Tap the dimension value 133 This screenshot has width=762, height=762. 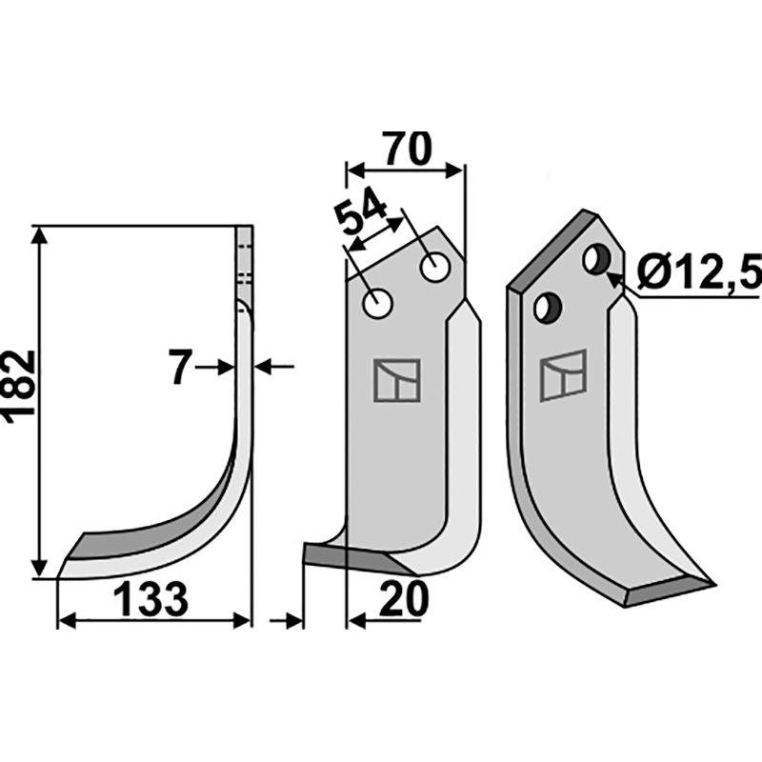click(x=150, y=601)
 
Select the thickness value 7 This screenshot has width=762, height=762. click(x=180, y=368)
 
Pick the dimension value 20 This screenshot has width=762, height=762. click(x=404, y=599)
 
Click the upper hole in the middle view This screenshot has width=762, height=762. click(x=435, y=267)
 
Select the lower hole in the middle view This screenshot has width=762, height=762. click(x=378, y=304)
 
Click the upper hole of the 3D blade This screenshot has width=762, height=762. click(x=598, y=259)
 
